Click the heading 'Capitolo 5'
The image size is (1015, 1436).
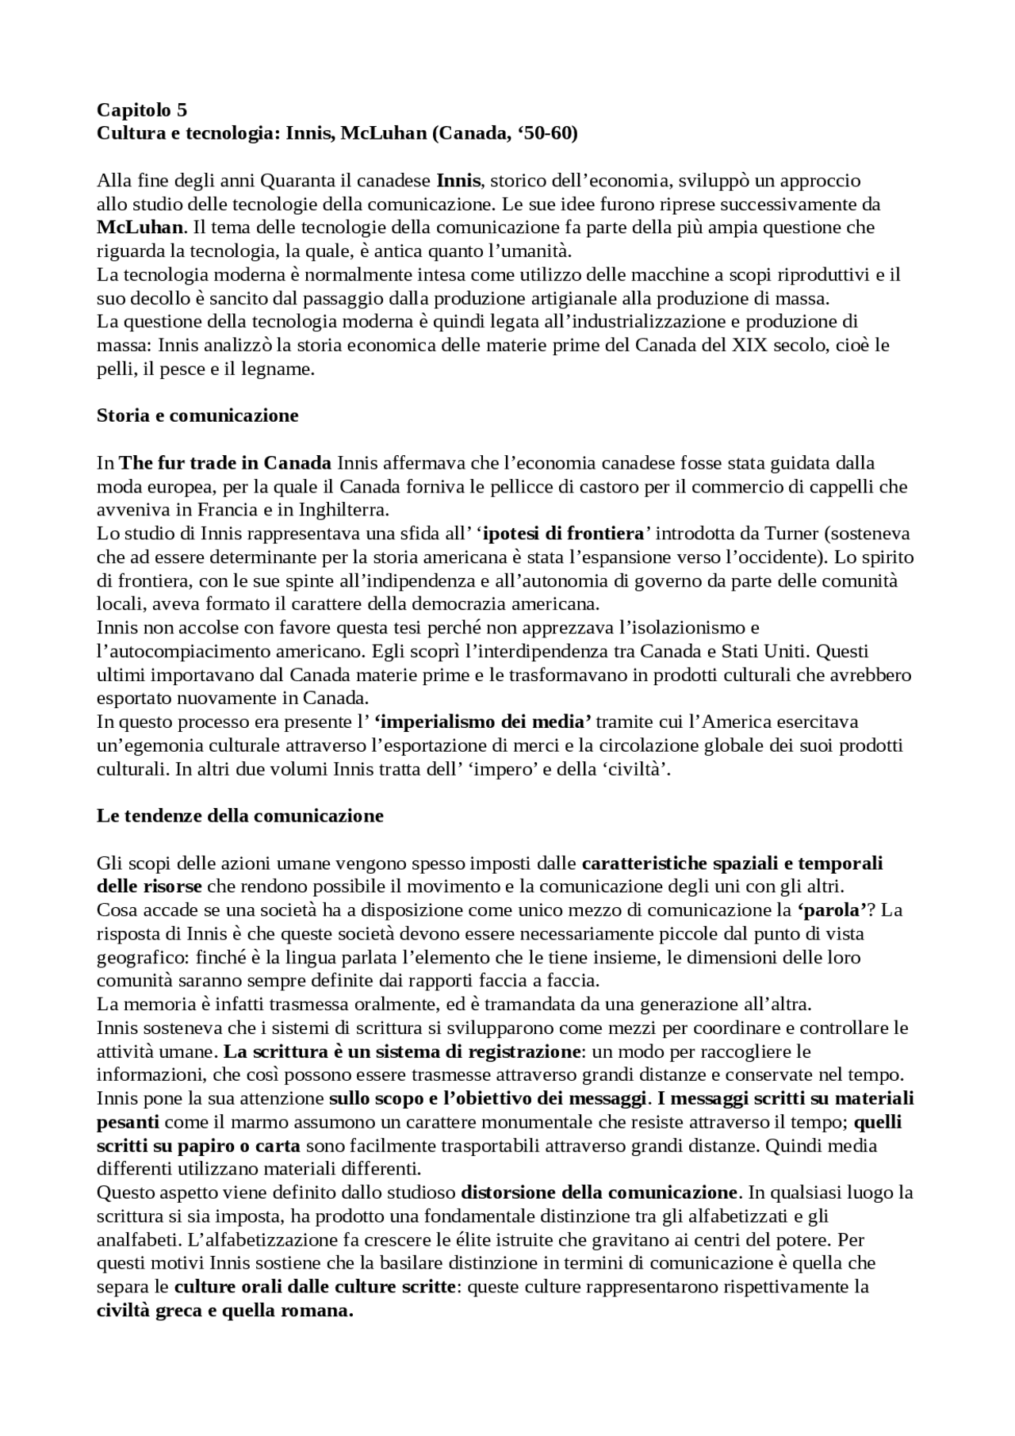[x=141, y=109]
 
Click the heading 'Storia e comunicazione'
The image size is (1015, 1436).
[x=197, y=415]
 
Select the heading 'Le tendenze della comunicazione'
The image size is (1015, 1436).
[x=239, y=816]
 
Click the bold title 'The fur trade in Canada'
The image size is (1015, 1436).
[x=225, y=462]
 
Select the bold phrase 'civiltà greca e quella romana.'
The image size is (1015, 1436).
[x=224, y=1311]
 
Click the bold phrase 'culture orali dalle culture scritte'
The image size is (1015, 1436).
[x=315, y=1287]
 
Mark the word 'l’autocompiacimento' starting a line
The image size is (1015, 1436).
[x=172, y=651]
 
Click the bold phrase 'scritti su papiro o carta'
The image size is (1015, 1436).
[x=198, y=1146]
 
